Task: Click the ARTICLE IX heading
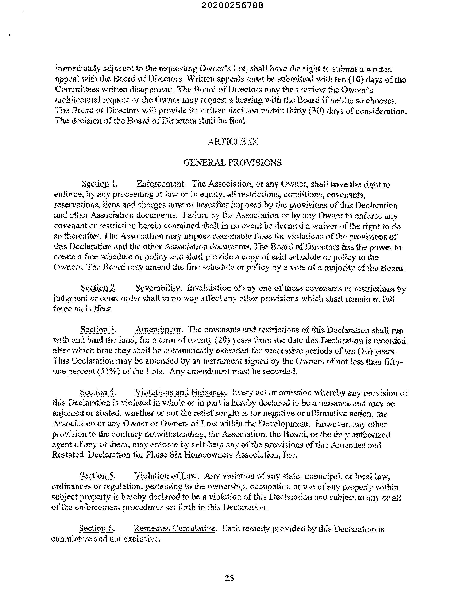click(x=233, y=142)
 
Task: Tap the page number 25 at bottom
click(x=229, y=578)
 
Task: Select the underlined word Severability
click(x=158, y=288)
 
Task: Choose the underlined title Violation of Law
click(x=165, y=476)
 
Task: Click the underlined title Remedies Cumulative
click(x=174, y=528)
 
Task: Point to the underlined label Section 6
click(x=96, y=528)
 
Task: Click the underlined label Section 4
click(x=97, y=392)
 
